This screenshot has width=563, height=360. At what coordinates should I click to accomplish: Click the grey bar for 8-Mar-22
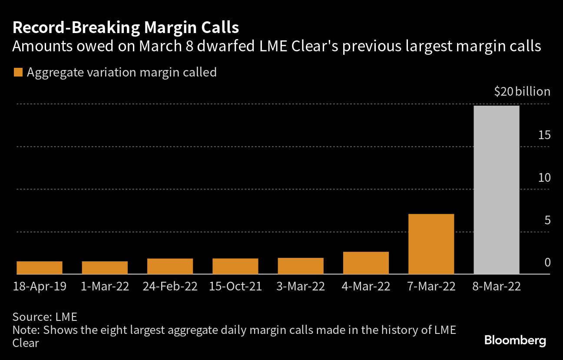pos(497,190)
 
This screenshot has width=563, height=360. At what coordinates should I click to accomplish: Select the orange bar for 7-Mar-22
pos(431,244)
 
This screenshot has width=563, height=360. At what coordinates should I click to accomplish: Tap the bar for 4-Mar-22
pos(366,263)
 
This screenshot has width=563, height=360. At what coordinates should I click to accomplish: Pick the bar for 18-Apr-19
pos(40,268)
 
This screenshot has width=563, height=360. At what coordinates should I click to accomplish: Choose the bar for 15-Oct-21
pos(235,266)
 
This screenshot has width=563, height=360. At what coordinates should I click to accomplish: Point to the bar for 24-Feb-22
pos(170,266)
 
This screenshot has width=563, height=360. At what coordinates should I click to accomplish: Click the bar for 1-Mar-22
pos(105,268)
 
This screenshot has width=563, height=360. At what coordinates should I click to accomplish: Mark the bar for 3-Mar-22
pos(301,266)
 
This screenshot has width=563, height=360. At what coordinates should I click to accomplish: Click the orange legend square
pos(18,72)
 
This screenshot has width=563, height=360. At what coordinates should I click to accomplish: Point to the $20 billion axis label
pos(522,92)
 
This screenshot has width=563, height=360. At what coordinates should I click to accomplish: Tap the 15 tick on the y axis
pos(544,135)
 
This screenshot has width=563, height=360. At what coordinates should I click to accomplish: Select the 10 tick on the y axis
pos(544,177)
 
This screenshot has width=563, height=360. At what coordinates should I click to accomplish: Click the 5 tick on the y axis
pos(547,220)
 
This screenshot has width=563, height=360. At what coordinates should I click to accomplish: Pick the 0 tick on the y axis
pos(547,262)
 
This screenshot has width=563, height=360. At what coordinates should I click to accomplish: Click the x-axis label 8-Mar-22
pos(497,287)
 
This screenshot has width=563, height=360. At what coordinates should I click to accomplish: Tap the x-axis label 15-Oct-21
pos(235,287)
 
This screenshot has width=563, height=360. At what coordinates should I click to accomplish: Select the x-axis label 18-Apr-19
pos(40,287)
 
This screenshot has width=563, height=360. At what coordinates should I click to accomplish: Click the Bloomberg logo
pos(515,340)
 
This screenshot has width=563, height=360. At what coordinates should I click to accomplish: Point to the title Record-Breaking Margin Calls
pos(126,28)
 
